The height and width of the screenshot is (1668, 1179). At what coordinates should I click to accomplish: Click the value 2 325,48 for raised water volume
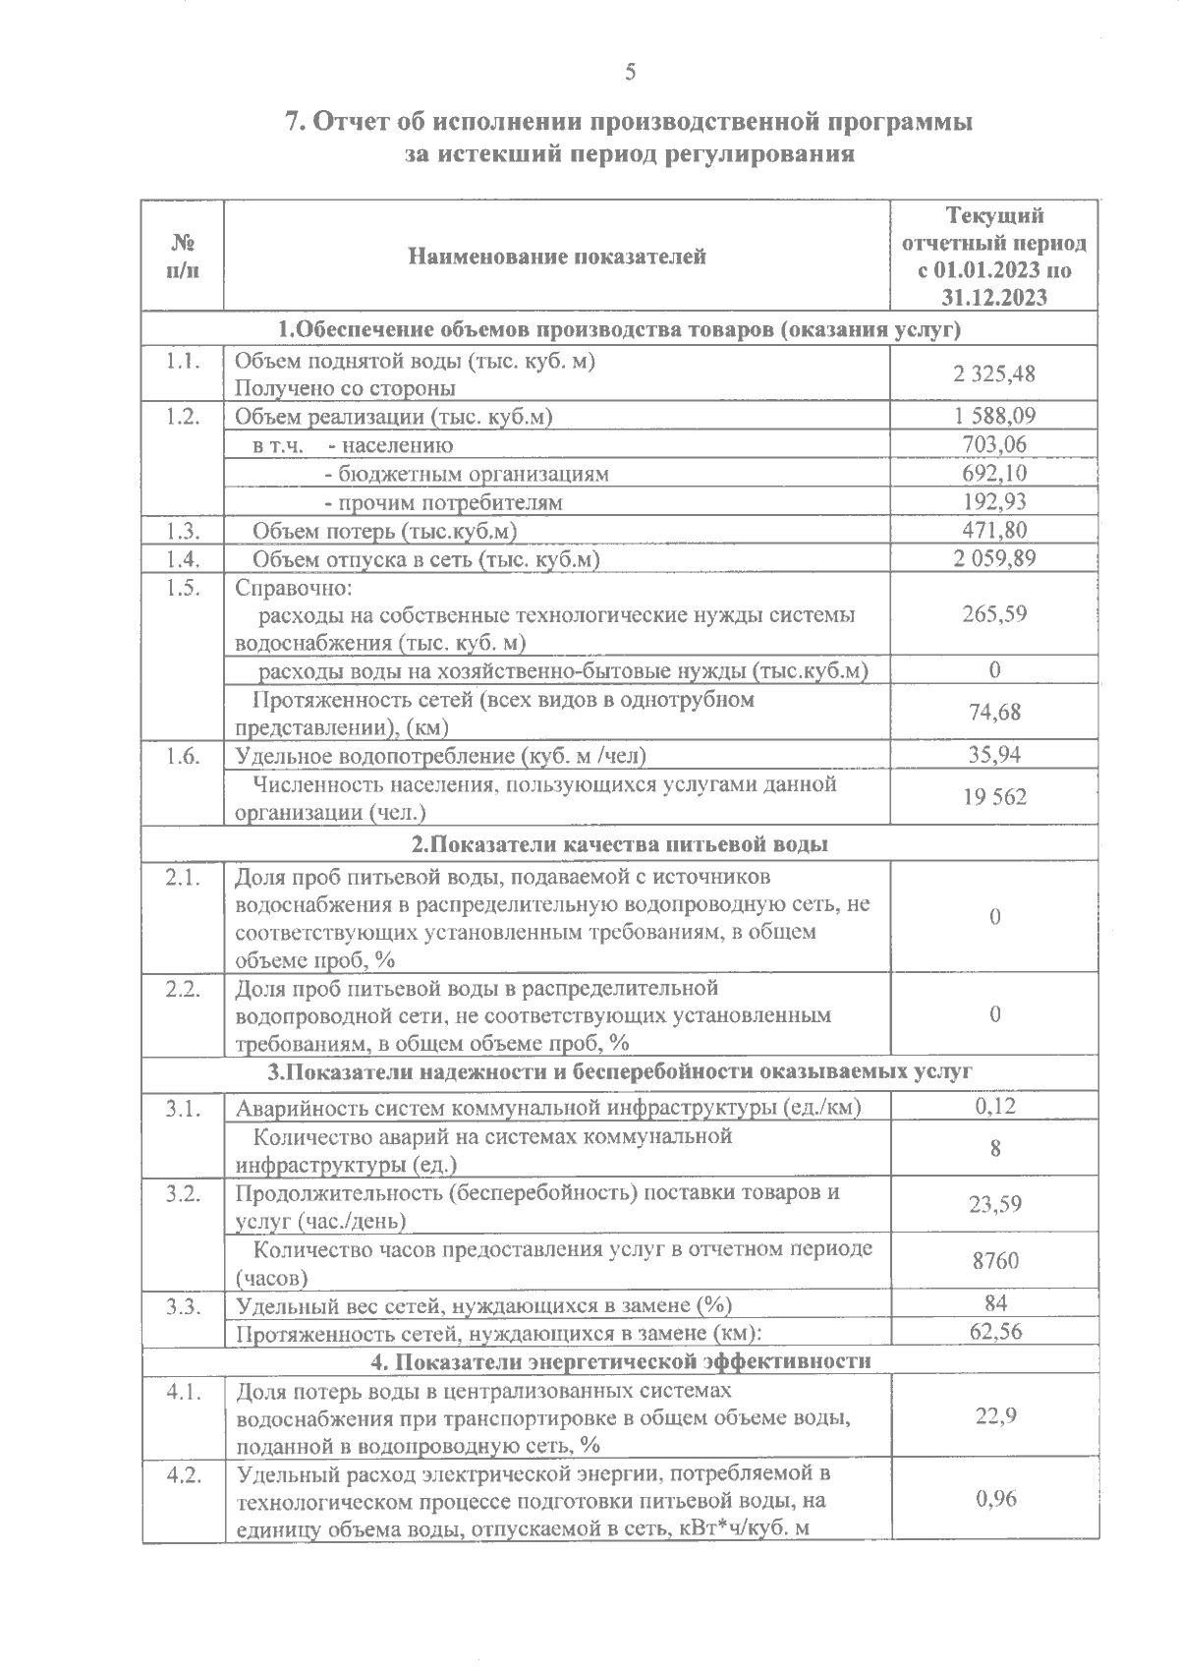pos(994,374)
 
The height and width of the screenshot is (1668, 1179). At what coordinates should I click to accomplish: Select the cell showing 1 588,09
pos(994,416)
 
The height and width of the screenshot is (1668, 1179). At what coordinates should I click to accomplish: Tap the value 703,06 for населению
pos(994,444)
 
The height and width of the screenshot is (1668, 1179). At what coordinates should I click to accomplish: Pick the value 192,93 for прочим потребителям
pos(994,502)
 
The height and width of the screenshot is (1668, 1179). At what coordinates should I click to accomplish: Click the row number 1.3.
pos(183,531)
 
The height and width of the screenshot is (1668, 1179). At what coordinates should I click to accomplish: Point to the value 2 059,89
pos(994,558)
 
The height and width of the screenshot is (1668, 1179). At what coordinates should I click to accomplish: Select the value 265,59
pos(994,614)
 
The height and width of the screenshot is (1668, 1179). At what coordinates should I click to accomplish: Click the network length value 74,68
pos(994,713)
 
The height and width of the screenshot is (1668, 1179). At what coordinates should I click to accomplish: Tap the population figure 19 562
pos(994,797)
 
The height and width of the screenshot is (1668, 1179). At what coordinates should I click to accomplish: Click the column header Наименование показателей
pos(556,258)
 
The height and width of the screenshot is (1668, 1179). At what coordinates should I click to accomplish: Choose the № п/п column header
pos(183,257)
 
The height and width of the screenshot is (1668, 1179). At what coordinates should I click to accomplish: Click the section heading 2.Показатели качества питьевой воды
pos(619,844)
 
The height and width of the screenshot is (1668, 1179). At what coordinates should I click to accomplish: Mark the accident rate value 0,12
pos(994,1106)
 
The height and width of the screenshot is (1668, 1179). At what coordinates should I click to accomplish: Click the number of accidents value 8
pos(994,1148)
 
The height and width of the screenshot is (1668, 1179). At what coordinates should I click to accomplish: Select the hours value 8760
pos(994,1261)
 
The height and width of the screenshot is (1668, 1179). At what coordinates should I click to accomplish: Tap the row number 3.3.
pos(183,1305)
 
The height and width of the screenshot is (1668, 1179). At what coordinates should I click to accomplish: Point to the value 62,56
pos(994,1333)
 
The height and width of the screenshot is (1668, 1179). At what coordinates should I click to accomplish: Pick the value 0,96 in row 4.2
pos(994,1499)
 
